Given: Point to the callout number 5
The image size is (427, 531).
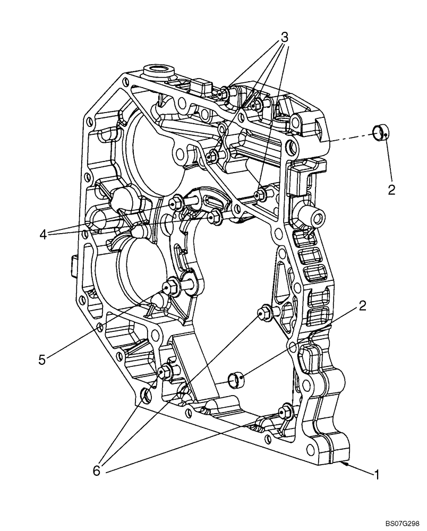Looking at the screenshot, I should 42,359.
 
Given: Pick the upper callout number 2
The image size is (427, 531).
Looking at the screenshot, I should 391,190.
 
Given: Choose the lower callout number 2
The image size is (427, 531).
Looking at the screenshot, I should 362,305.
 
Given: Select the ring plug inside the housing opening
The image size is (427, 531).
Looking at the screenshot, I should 236,379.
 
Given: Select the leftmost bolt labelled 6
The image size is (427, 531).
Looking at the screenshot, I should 164,371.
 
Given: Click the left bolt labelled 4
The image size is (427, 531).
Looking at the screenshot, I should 176,202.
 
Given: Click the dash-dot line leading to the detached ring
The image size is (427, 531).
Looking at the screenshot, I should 348,138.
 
